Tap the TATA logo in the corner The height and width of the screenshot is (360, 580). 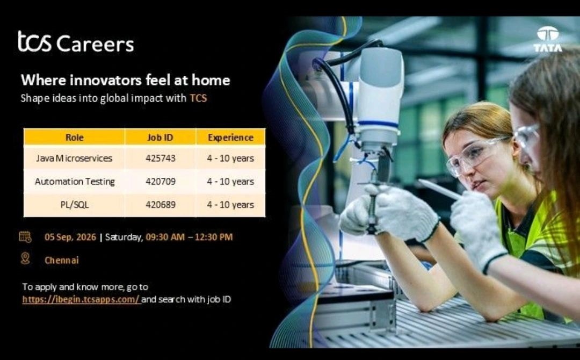pyautogui.click(x=547, y=39)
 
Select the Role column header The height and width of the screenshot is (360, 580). pyautogui.click(x=74, y=137)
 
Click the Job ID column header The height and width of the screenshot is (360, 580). pyautogui.click(x=160, y=137)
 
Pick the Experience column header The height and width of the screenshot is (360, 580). pyautogui.click(x=230, y=137)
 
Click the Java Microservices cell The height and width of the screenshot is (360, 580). pyautogui.click(x=74, y=159)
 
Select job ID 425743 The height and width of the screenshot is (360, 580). pyautogui.click(x=161, y=159)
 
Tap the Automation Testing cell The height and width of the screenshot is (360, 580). pyautogui.click(x=75, y=182)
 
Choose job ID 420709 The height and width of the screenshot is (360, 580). pyautogui.click(x=161, y=182)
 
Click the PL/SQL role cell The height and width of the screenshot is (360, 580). pyautogui.click(x=75, y=205)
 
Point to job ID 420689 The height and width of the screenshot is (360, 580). pyautogui.click(x=161, y=205)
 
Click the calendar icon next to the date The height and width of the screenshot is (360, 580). pyautogui.click(x=25, y=237)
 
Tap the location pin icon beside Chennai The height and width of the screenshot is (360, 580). pyautogui.click(x=25, y=258)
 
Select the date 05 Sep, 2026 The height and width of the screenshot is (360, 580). pyautogui.click(x=70, y=237)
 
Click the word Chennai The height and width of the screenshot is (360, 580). pyautogui.click(x=62, y=260)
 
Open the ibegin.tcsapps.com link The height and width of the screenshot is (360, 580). pyautogui.click(x=81, y=299)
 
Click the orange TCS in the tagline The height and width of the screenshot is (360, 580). pyautogui.click(x=198, y=98)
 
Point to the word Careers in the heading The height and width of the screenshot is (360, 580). pyautogui.click(x=95, y=44)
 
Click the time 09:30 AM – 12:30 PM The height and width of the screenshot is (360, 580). pyautogui.click(x=189, y=237)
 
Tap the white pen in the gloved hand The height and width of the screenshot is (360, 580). pyautogui.click(x=439, y=189)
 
